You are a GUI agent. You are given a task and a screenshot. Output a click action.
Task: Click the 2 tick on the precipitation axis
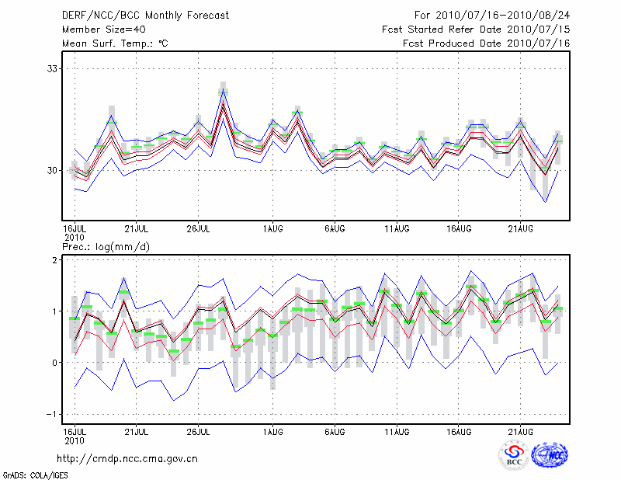click(x=55, y=260)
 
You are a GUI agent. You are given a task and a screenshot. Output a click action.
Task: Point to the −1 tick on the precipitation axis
click(x=52, y=414)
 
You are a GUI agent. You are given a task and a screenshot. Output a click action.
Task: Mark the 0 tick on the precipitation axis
click(x=55, y=363)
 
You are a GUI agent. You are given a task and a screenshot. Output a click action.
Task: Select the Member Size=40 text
click(x=99, y=30)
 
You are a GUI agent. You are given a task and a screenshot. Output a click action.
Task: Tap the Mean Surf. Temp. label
click(x=115, y=43)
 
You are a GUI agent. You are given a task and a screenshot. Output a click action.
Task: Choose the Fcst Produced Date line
click(x=487, y=43)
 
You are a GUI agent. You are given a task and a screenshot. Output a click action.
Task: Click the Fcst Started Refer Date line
click(x=476, y=30)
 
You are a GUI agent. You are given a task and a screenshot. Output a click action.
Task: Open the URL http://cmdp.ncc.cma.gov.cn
click(x=127, y=458)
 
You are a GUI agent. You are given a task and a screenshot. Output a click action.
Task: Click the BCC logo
click(x=513, y=456)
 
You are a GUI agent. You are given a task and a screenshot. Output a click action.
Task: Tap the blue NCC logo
click(x=550, y=456)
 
